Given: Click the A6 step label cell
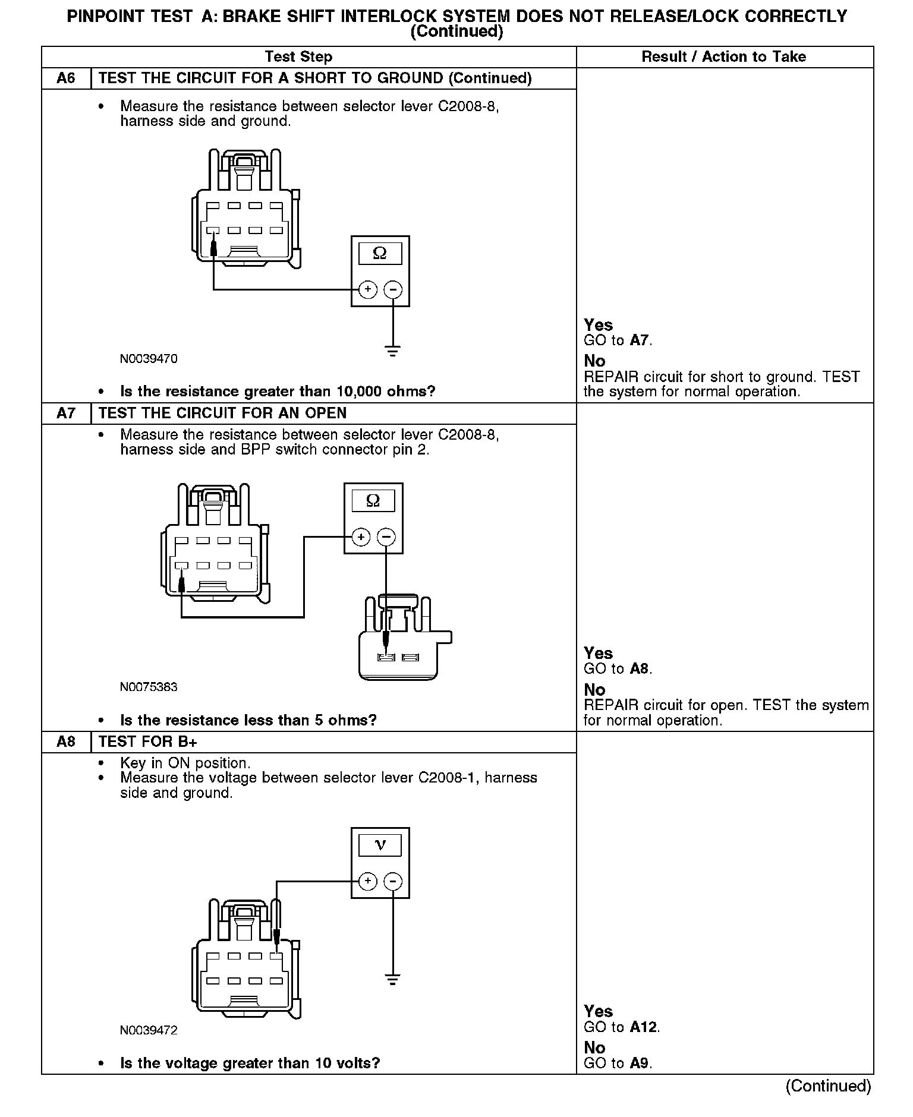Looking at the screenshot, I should pyautogui.click(x=66, y=78).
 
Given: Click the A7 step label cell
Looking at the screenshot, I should pyautogui.click(x=66, y=413).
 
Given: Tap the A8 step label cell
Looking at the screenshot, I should pyautogui.click(x=66, y=741).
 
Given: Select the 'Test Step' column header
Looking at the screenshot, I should pyautogui.click(x=298, y=57).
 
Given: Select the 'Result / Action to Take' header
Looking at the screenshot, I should pyautogui.click(x=723, y=57).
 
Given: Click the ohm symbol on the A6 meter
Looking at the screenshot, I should pyautogui.click(x=380, y=254).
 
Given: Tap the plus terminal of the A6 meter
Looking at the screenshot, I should pyautogui.click(x=368, y=289).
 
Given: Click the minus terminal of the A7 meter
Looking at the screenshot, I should pyautogui.click(x=386, y=537).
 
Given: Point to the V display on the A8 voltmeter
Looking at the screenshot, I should pyautogui.click(x=380, y=845).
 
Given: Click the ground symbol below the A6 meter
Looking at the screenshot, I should pyautogui.click(x=392, y=351).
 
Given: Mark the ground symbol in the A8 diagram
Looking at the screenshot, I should pyautogui.click(x=392, y=979).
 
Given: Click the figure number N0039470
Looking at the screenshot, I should pyautogui.click(x=149, y=359).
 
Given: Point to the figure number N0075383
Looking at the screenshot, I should pyautogui.click(x=149, y=687).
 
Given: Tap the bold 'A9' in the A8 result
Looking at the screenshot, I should pyautogui.click(x=640, y=1064).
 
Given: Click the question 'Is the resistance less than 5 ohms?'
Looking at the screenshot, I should pyautogui.click(x=248, y=720).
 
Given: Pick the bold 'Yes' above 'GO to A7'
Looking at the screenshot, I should pyautogui.click(x=598, y=325).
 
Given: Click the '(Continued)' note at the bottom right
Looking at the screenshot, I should pyautogui.click(x=828, y=1086).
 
